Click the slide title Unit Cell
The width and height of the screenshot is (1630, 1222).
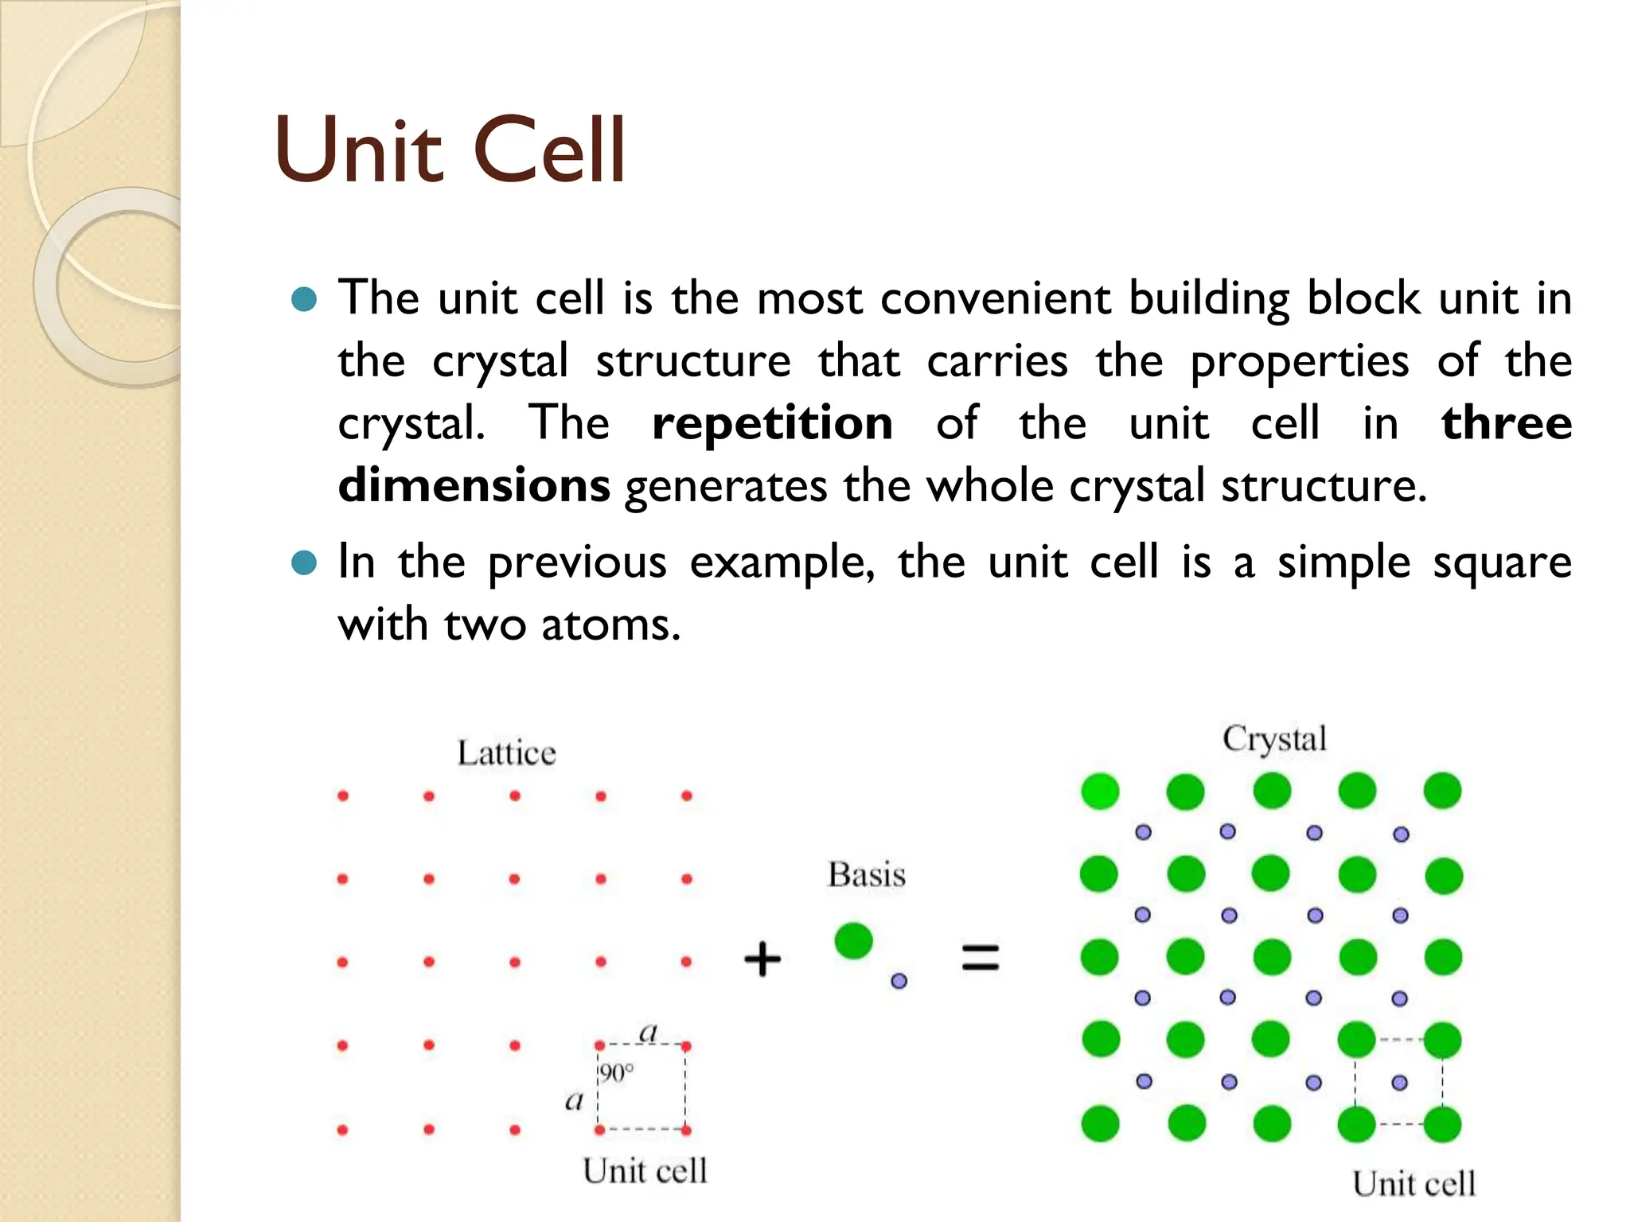tap(450, 150)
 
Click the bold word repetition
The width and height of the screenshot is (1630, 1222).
tap(772, 422)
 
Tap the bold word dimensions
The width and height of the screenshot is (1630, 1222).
tap(474, 485)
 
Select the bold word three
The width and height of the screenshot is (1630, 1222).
tap(1506, 422)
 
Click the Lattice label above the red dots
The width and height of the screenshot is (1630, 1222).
tap(506, 753)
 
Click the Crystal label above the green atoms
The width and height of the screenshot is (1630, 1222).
tap(1274, 738)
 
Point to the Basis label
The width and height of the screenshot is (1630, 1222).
tap(867, 874)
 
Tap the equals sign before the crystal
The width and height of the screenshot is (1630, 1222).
tap(980, 957)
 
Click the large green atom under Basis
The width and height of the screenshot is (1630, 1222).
tap(853, 941)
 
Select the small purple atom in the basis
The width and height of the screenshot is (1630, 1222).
tap(899, 981)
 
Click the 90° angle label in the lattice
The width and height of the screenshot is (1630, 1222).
tap(617, 1073)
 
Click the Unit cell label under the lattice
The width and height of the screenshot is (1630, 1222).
tap(645, 1171)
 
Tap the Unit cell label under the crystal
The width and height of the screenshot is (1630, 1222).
tap(1414, 1184)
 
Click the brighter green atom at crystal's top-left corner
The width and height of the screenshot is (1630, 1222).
tap(1100, 791)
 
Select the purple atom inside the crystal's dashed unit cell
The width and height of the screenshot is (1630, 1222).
tap(1399, 1082)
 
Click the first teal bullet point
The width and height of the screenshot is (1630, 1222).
tap(304, 300)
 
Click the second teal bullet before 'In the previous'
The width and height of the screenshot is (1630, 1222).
tap(304, 563)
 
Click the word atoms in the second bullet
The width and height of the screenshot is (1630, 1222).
tap(610, 625)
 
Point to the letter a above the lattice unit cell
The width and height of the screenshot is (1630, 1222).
tap(649, 1032)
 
